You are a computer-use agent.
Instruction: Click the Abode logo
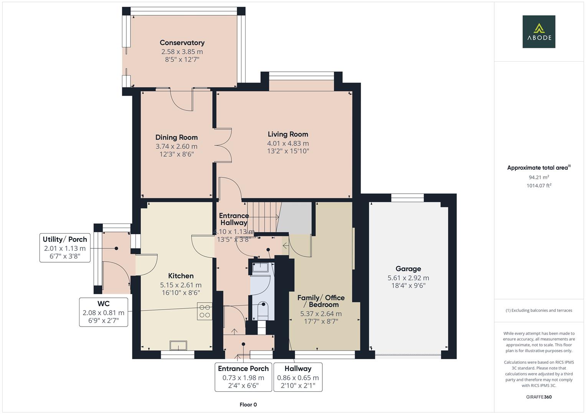click(x=538, y=32)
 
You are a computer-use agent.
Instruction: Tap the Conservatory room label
click(x=182, y=43)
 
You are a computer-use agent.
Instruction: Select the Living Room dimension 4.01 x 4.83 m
click(x=288, y=143)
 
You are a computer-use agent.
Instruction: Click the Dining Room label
click(x=177, y=137)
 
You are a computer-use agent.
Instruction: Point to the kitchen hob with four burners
click(x=205, y=311)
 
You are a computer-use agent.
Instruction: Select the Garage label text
click(x=408, y=269)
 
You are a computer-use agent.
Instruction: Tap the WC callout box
click(x=103, y=312)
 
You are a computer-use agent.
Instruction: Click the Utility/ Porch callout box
click(x=65, y=248)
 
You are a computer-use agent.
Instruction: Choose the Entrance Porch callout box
click(x=243, y=377)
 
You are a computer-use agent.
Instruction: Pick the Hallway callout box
click(x=298, y=377)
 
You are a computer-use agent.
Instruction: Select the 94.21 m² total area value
click(x=538, y=177)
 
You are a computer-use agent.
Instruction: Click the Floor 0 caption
click(x=248, y=404)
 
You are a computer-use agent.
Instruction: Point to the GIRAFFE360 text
click(x=538, y=397)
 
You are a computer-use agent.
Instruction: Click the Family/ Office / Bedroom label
click(x=321, y=301)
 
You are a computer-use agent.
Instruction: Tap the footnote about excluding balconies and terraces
click(x=538, y=310)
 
